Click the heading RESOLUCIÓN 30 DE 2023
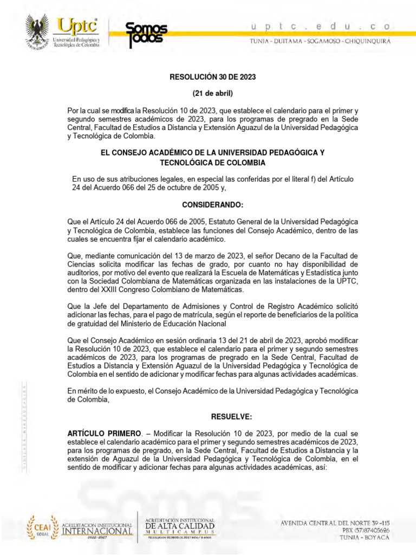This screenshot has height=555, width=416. pyautogui.click(x=213, y=77)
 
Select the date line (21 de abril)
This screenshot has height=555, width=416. pyautogui.click(x=213, y=93)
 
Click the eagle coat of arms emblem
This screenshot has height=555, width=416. pyautogui.click(x=37, y=32)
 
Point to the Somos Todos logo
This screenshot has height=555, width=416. pyautogui.click(x=146, y=34)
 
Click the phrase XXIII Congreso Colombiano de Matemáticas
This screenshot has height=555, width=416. pyautogui.click(x=155, y=291)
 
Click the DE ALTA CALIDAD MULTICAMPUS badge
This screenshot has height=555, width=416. pyautogui.click(x=179, y=527)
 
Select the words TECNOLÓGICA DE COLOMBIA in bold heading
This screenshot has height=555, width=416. pyautogui.click(x=213, y=163)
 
